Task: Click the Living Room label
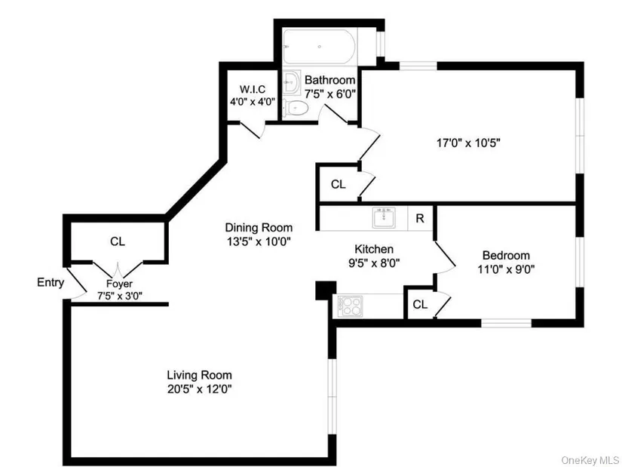199,375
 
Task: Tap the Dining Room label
259,227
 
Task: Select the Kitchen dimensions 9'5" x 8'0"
374,263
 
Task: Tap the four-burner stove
349,306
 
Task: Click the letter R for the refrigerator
420,219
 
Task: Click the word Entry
51,283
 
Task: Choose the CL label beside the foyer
117,241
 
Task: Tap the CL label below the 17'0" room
338,183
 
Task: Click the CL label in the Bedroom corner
420,305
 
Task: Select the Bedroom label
506,255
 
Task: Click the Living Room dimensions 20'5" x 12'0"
199,389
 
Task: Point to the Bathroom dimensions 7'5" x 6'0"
329,94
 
